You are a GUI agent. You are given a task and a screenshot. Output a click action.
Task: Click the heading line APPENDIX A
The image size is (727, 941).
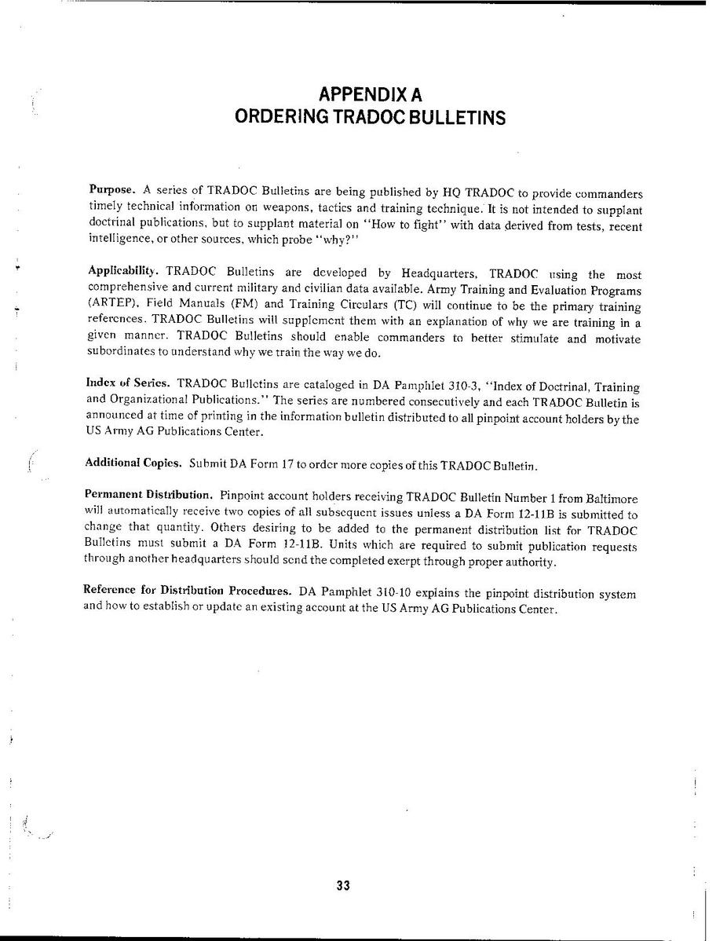(x=371, y=95)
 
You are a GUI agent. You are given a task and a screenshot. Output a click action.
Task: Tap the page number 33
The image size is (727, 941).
(x=342, y=886)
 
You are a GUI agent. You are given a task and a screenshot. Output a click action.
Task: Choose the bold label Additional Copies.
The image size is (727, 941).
(x=133, y=463)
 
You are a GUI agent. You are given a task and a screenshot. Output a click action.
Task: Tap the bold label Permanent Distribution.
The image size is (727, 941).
(x=148, y=496)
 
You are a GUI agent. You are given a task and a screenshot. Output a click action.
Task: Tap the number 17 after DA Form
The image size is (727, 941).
(x=287, y=465)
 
